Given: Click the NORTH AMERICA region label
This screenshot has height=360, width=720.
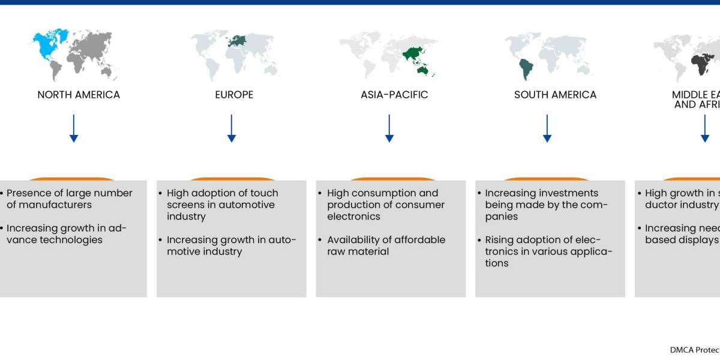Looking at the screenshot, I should pos(79,95).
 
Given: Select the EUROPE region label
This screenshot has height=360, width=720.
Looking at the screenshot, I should pos(234,95).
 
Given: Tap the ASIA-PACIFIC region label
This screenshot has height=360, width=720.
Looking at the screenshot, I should pos(394,95).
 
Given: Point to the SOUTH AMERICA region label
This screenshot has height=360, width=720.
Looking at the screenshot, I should pos(555,95).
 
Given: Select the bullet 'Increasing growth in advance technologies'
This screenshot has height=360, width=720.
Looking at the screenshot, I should pos(67,234).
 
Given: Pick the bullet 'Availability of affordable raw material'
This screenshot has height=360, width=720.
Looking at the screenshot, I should pos(386,245).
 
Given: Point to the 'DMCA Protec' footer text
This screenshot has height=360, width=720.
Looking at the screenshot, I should pos(694,350).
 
